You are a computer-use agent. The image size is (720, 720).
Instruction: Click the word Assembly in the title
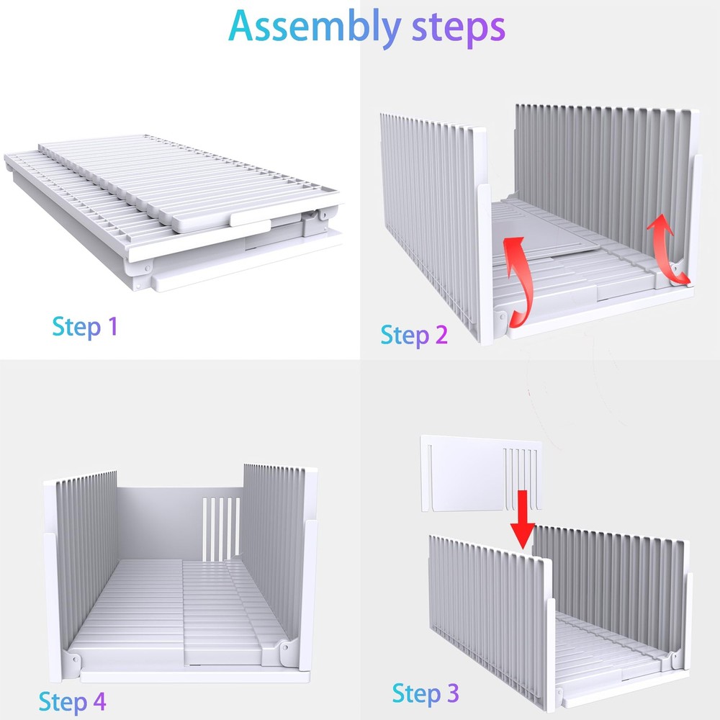pos(315,27)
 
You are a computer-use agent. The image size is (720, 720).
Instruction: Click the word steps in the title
pos(458,27)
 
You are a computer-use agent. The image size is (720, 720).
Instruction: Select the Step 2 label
pos(414,336)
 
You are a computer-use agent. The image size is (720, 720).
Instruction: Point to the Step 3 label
pos(426,693)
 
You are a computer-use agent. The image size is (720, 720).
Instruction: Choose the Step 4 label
pos(72,702)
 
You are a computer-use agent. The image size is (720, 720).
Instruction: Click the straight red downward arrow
pos(522,520)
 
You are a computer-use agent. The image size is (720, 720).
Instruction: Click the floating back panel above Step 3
pos(481,474)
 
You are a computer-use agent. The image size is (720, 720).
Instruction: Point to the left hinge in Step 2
pos(501,318)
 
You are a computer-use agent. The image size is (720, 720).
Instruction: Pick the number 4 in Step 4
pos(99,701)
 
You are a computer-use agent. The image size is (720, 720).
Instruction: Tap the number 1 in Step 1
pos(113,326)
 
